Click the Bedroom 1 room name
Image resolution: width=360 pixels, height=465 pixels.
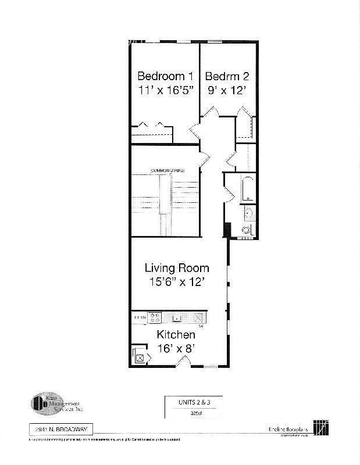[x=165, y=76]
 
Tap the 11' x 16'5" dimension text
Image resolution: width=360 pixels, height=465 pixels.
[x=165, y=90]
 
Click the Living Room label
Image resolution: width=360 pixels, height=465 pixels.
[x=177, y=268]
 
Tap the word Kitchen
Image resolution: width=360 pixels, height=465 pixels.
[x=176, y=335]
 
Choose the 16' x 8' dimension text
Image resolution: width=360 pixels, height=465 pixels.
[x=176, y=349]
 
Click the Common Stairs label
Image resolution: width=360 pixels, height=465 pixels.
[x=167, y=170]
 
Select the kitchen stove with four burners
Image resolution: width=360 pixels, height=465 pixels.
[x=155, y=317]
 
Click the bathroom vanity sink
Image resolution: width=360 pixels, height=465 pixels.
[x=248, y=213]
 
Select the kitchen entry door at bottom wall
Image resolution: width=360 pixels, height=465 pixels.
[x=183, y=363]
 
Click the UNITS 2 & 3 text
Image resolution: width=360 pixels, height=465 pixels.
[x=193, y=402]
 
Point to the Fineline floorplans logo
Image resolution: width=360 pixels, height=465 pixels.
[x=297, y=428]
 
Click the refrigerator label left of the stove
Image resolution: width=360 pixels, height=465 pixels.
[x=139, y=317]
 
